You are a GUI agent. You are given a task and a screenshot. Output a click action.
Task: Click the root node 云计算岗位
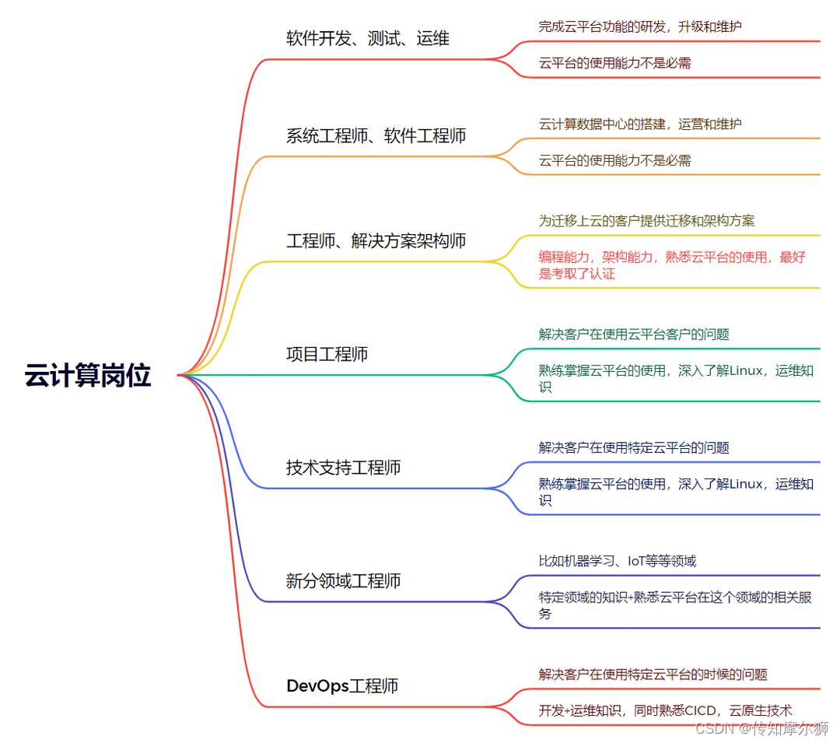(x=87, y=376)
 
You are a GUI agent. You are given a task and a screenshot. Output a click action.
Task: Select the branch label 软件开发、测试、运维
(x=368, y=38)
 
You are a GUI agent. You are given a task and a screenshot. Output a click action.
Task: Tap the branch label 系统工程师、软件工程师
(x=376, y=136)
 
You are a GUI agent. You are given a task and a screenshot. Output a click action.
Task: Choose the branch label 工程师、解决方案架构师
(x=376, y=241)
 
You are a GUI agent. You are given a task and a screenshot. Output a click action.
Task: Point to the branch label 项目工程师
(x=327, y=355)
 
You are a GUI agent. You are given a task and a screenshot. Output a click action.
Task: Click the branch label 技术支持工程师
(x=343, y=468)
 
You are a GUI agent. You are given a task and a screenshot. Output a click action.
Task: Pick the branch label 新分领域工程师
(x=343, y=581)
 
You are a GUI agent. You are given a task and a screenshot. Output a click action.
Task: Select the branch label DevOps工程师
(x=342, y=686)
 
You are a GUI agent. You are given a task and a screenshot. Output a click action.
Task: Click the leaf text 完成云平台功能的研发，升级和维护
(x=640, y=26)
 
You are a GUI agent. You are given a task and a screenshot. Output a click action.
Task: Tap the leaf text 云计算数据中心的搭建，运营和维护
(x=640, y=124)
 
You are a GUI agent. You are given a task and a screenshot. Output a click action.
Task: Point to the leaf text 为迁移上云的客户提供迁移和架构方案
(x=646, y=221)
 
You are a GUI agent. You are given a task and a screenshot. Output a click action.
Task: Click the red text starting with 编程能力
(x=672, y=265)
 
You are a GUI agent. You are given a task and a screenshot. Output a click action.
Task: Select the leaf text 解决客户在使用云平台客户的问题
(x=634, y=335)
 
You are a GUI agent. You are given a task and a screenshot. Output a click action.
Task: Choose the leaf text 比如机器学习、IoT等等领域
(x=618, y=561)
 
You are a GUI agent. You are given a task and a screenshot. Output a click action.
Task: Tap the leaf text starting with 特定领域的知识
(x=675, y=605)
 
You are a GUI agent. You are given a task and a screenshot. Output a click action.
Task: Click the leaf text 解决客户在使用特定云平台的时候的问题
(x=653, y=675)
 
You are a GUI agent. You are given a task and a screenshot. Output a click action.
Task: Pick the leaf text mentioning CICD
(x=665, y=710)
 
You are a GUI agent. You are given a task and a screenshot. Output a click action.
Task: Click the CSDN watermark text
(x=761, y=728)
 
